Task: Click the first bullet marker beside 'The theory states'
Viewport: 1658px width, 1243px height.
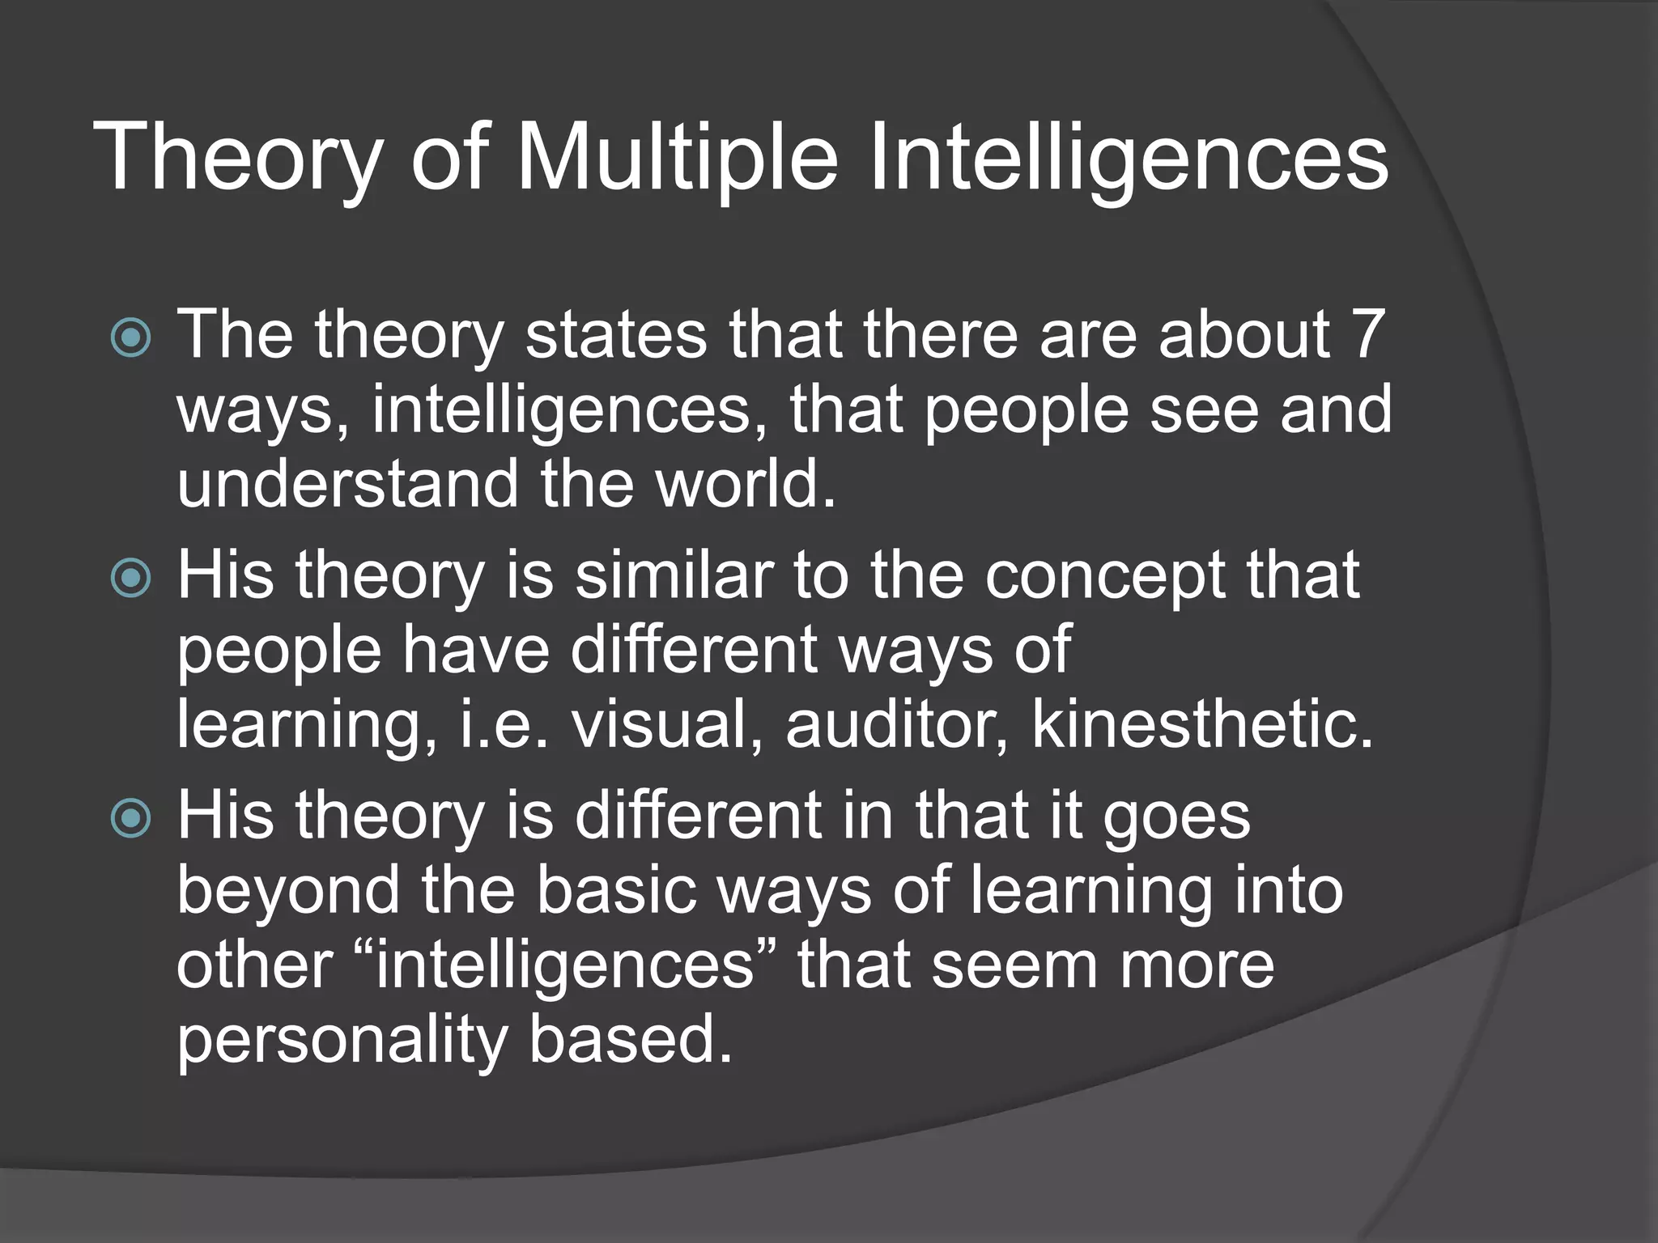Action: (130, 337)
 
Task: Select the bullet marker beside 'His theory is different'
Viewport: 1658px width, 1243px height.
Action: (130, 818)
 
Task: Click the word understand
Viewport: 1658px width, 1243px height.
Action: (347, 484)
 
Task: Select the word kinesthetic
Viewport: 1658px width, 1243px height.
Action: (1203, 723)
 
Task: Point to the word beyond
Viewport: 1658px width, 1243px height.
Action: (288, 891)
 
